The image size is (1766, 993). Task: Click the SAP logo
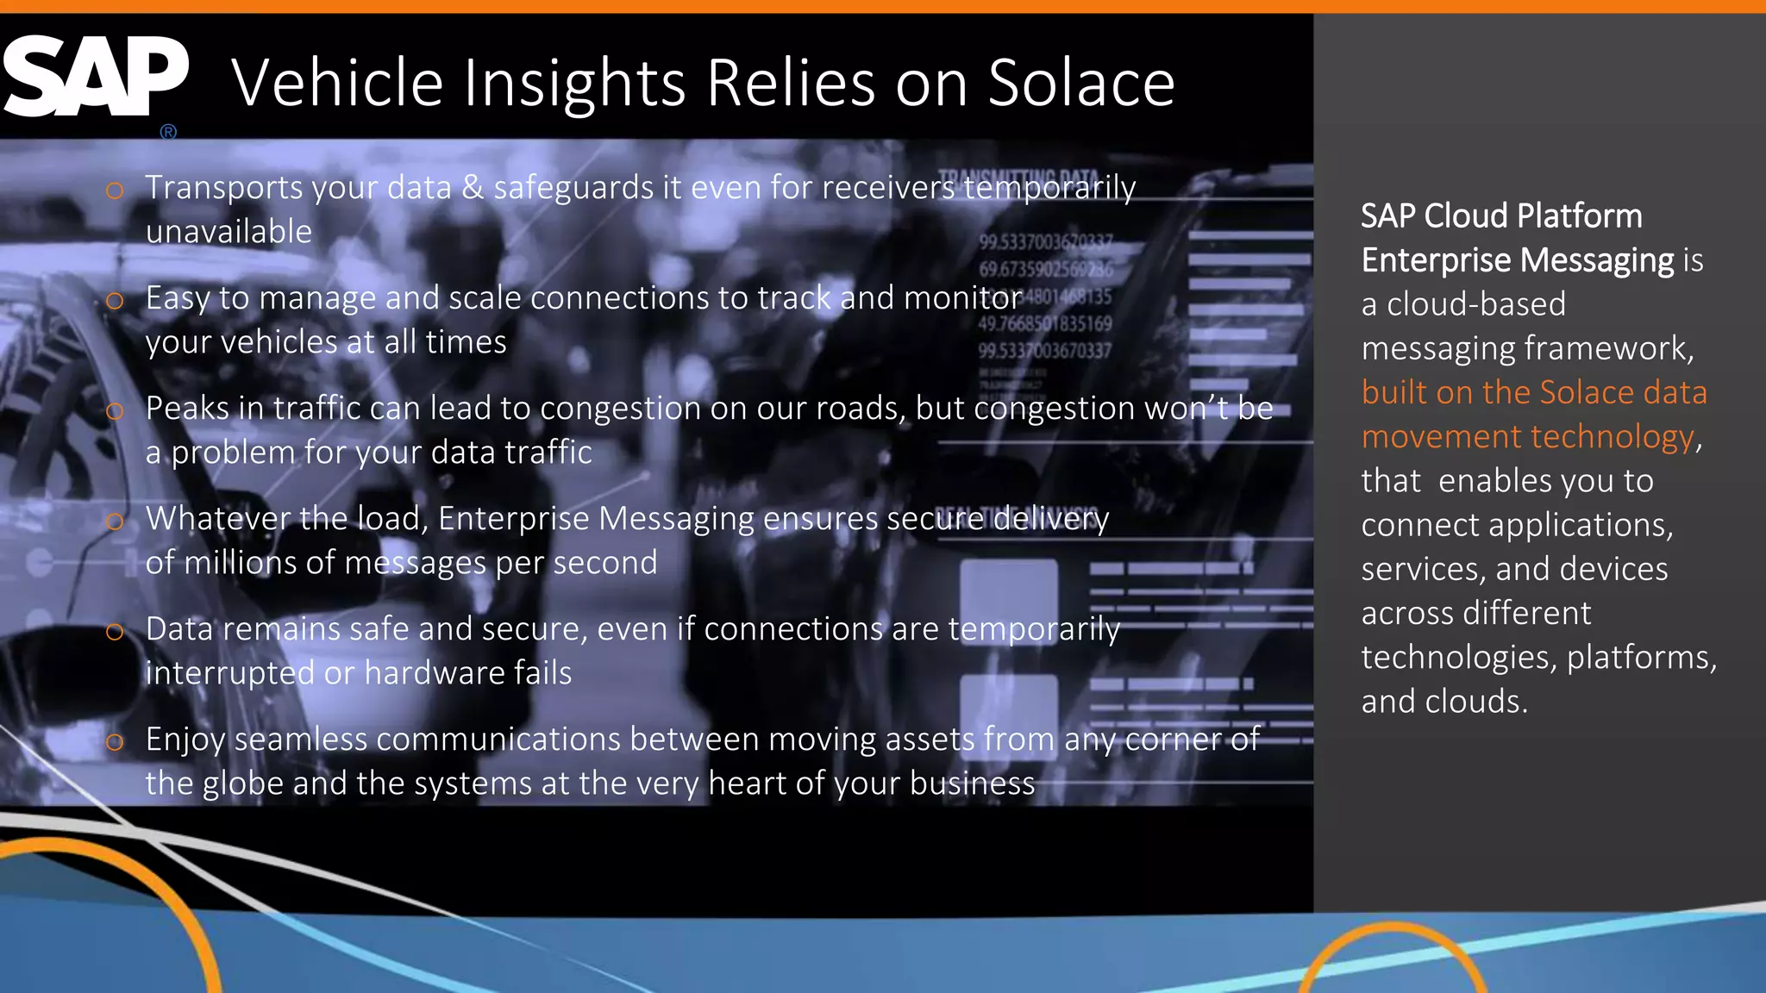tap(95, 78)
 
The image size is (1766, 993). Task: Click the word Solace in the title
tap(1081, 84)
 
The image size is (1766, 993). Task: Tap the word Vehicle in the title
tap(337, 84)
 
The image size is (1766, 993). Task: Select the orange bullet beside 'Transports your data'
tap(115, 190)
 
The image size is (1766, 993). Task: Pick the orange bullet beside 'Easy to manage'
tap(115, 301)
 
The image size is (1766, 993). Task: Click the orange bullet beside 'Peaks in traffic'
tap(115, 411)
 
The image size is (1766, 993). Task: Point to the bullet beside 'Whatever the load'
tap(115, 521)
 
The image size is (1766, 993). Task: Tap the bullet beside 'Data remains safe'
tap(115, 632)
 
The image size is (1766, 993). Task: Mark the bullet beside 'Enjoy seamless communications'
tap(115, 742)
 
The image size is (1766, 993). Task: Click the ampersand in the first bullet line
tap(473, 188)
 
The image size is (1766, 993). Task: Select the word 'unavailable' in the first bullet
tap(229, 232)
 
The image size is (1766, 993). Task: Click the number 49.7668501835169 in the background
tap(1045, 324)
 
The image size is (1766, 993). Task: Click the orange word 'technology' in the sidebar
tap(1612, 437)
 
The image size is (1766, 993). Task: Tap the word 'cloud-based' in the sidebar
tap(1475, 304)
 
